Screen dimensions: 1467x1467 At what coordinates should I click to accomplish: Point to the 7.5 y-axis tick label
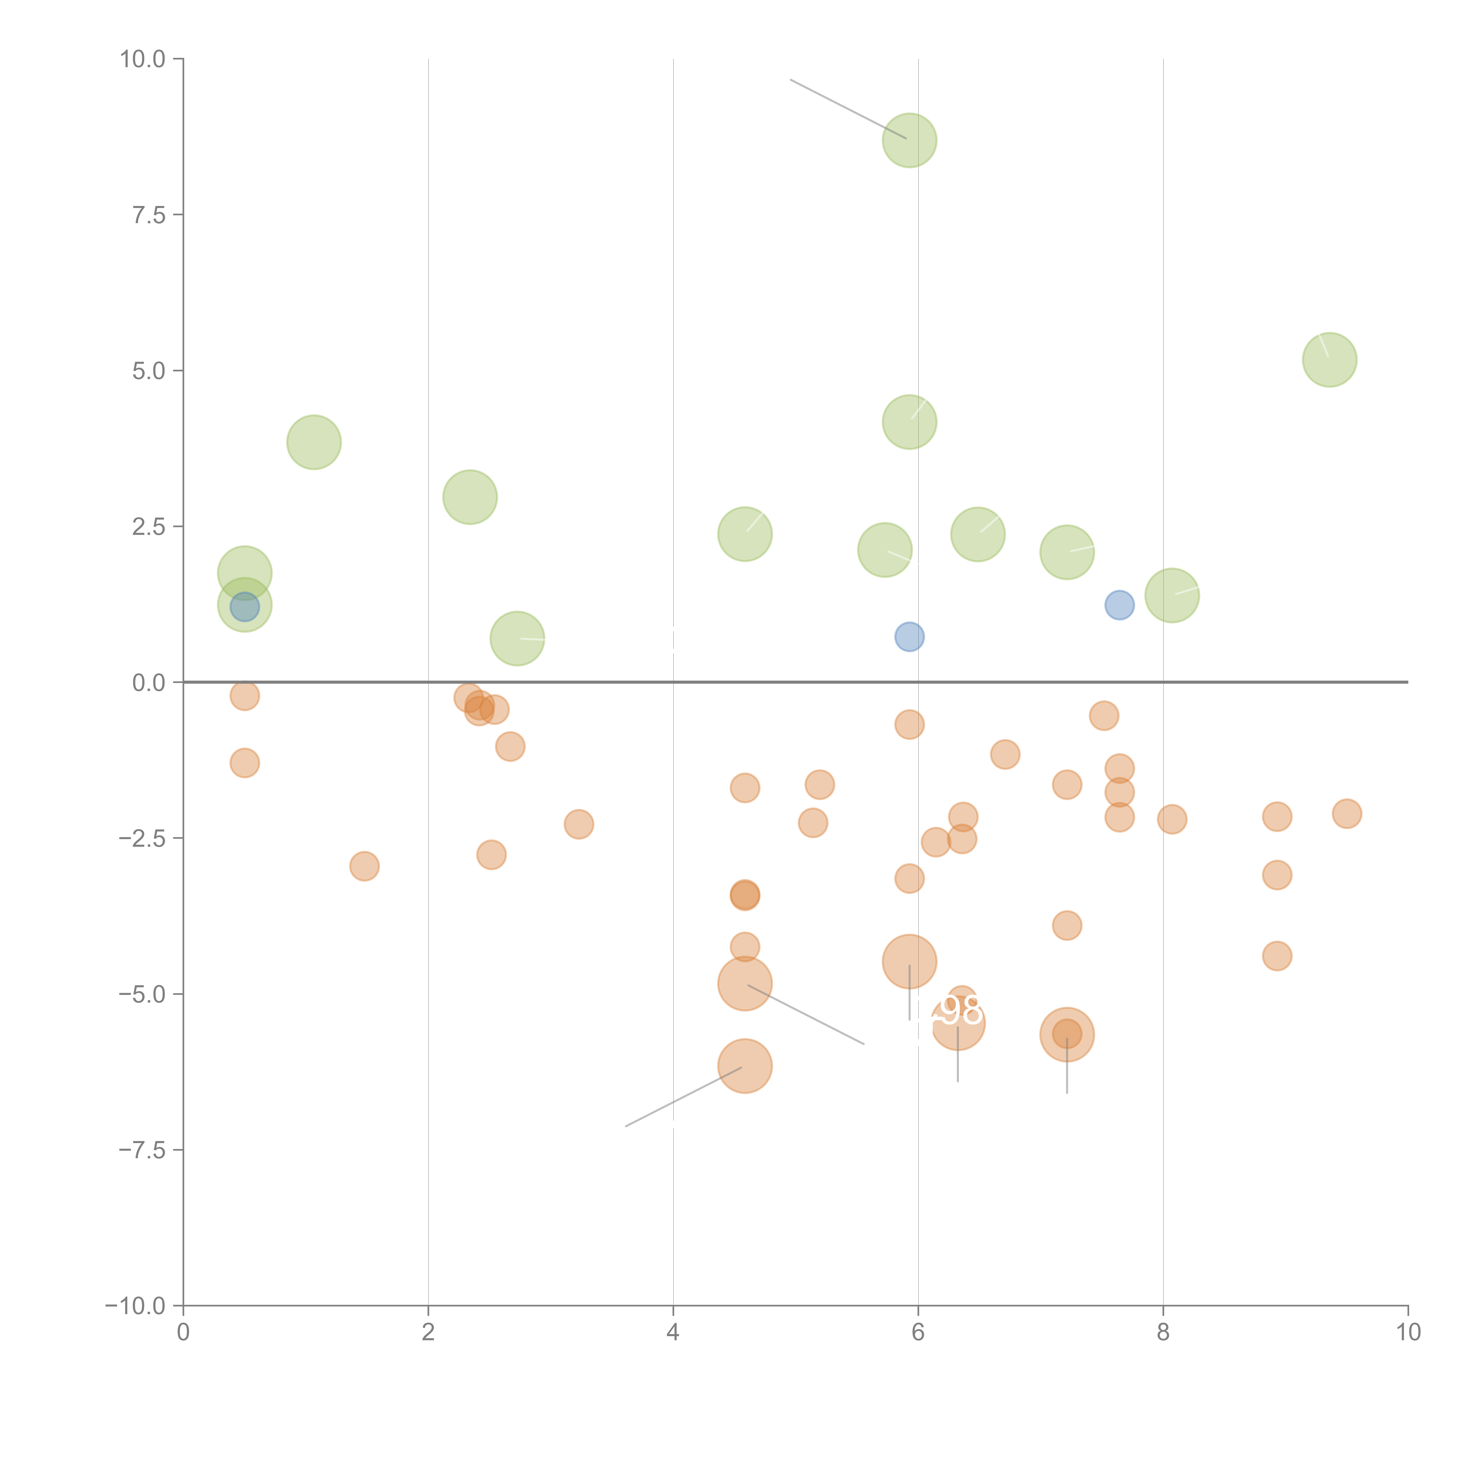coord(149,215)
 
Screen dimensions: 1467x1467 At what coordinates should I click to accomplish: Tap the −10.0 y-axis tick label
coord(135,1306)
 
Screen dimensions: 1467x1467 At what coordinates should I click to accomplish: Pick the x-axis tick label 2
coord(428,1332)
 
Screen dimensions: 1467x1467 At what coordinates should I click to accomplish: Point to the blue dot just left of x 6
coord(909,636)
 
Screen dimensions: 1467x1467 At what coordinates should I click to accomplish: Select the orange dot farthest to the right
coord(1346,813)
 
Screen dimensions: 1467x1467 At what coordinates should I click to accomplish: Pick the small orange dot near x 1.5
coord(364,866)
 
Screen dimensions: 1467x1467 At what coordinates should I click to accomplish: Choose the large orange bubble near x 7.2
coord(1067,1034)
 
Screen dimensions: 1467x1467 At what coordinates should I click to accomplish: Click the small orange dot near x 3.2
coord(579,824)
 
